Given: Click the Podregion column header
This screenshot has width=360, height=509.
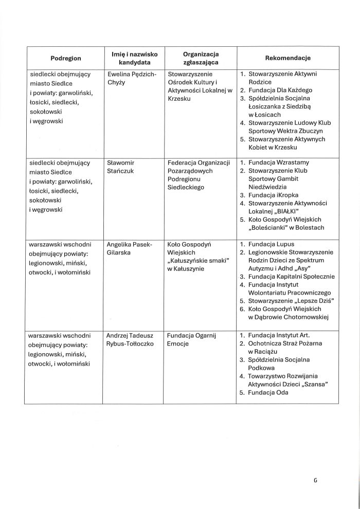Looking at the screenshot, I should (66, 58).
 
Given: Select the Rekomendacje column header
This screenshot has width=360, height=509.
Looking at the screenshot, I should (287, 58).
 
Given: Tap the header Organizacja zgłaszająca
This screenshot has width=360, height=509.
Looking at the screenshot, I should (201, 58).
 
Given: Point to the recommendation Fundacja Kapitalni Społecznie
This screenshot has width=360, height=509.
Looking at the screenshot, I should (291, 277).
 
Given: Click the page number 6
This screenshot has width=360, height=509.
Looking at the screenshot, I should (315, 481).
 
